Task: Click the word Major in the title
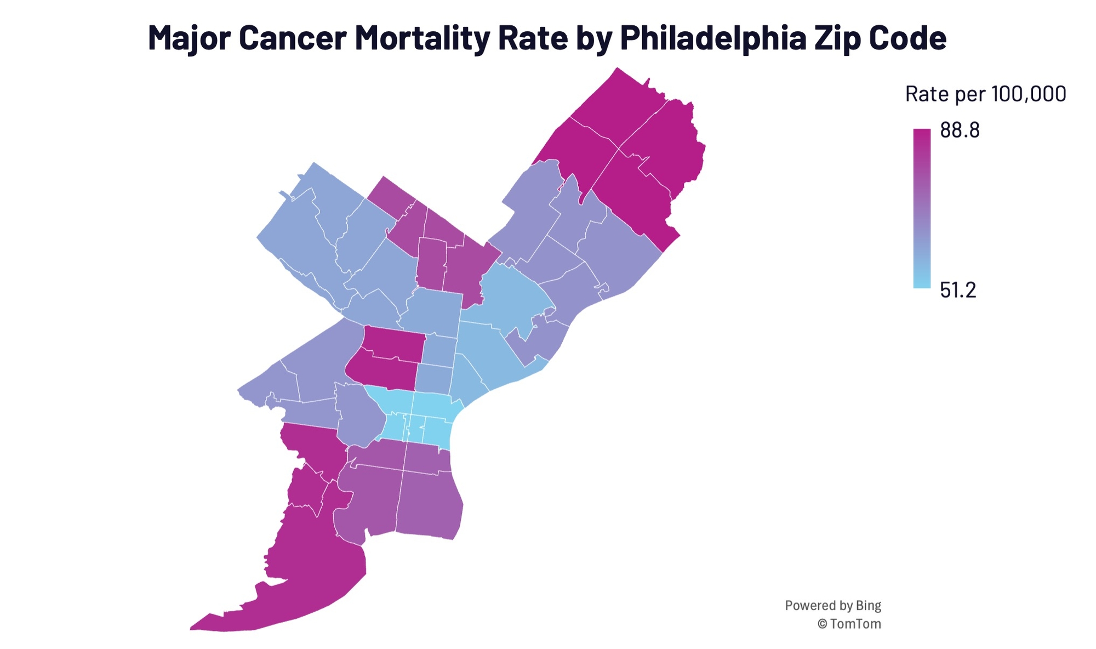click(189, 38)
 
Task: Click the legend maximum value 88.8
click(960, 130)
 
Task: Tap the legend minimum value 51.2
click(958, 290)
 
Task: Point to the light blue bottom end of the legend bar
click(922, 284)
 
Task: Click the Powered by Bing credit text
click(832, 606)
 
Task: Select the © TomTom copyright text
click(849, 624)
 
